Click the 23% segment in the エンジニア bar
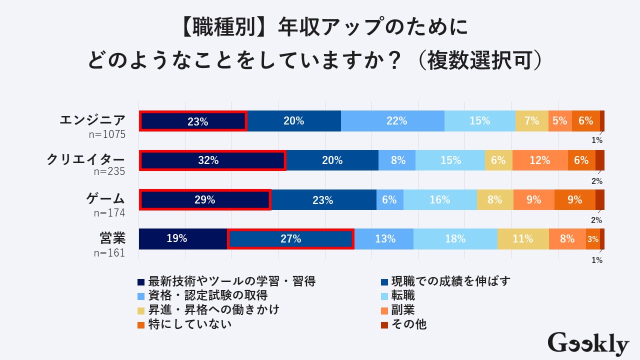pyautogui.click(x=193, y=121)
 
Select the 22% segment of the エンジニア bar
pyautogui.click(x=392, y=121)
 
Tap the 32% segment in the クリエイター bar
pyautogui.click(x=212, y=160)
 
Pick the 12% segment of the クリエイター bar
pyautogui.click(x=540, y=160)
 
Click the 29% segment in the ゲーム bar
pyautogui.click(x=205, y=200)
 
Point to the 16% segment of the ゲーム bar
pyautogui.click(x=440, y=200)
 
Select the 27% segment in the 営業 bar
pyautogui.click(x=290, y=239)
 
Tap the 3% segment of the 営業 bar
pyautogui.click(x=593, y=239)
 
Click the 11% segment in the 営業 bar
pyautogui.click(x=523, y=239)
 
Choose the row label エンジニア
pyautogui.click(x=92, y=120)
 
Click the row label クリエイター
pyautogui.click(x=85, y=159)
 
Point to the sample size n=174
pyautogui.click(x=109, y=213)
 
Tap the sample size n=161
pyautogui.click(x=109, y=252)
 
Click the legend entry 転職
pyautogui.click(x=403, y=295)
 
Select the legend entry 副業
pyautogui.click(x=403, y=310)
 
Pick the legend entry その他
pyautogui.click(x=408, y=324)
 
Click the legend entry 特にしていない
pyautogui.click(x=190, y=324)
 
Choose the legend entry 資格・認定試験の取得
pyautogui.click(x=207, y=295)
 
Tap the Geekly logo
pyautogui.click(x=588, y=344)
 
